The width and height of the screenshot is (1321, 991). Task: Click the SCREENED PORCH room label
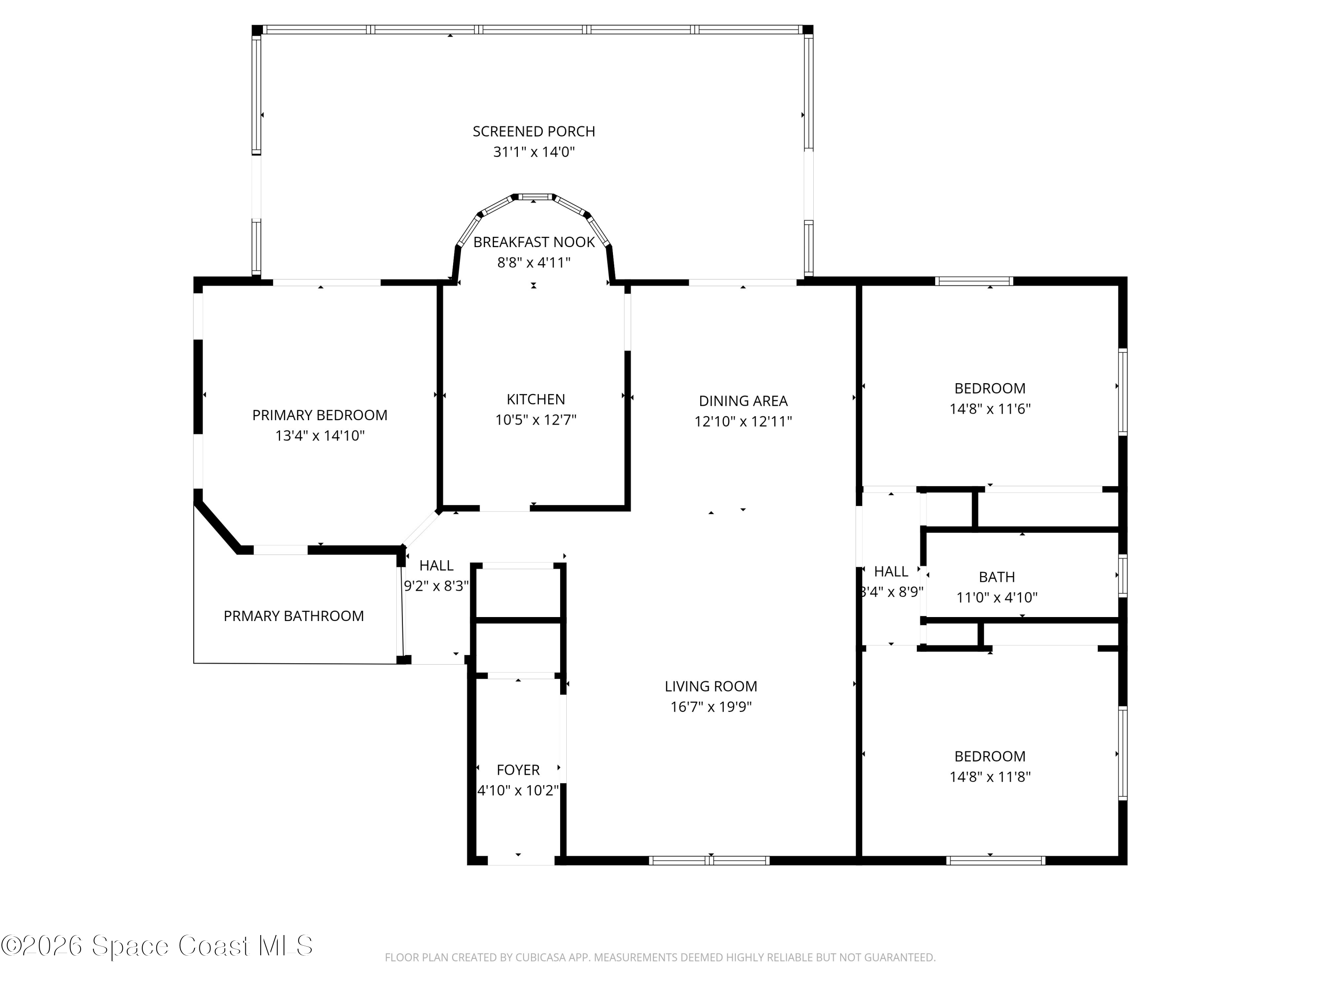pyautogui.click(x=534, y=131)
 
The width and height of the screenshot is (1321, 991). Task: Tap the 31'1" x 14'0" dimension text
pyautogui.click(x=534, y=152)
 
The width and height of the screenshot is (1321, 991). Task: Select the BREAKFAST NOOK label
pyautogui.click(x=534, y=242)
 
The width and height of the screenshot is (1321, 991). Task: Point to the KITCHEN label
pyautogui.click(x=536, y=399)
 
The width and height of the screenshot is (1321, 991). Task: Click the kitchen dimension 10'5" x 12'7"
pyautogui.click(x=536, y=420)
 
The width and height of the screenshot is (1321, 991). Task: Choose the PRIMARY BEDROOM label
pyautogui.click(x=320, y=415)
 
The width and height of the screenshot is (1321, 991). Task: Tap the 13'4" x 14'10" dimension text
pyautogui.click(x=320, y=436)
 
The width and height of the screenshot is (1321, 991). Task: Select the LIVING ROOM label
pyautogui.click(x=711, y=686)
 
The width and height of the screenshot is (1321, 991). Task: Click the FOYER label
pyautogui.click(x=518, y=770)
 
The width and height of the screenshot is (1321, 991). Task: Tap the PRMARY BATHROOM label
pyautogui.click(x=293, y=616)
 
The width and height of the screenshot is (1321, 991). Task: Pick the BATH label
pyautogui.click(x=997, y=577)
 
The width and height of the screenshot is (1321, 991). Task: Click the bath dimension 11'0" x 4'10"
pyautogui.click(x=997, y=597)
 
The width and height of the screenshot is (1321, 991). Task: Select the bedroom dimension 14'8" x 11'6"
pyautogui.click(x=990, y=409)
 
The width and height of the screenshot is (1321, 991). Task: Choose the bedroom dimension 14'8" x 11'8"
pyautogui.click(x=990, y=777)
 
